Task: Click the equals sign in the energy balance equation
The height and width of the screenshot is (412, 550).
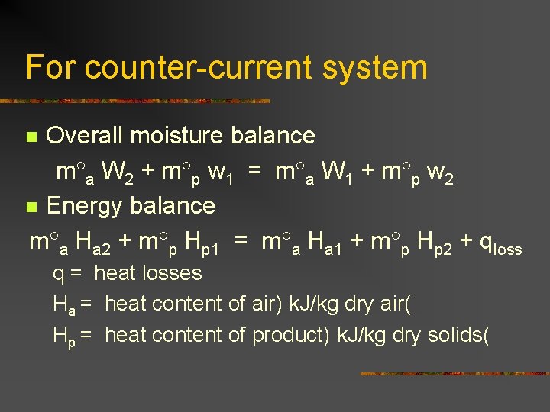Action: point(241,242)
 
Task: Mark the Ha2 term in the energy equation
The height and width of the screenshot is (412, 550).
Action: point(95,243)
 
